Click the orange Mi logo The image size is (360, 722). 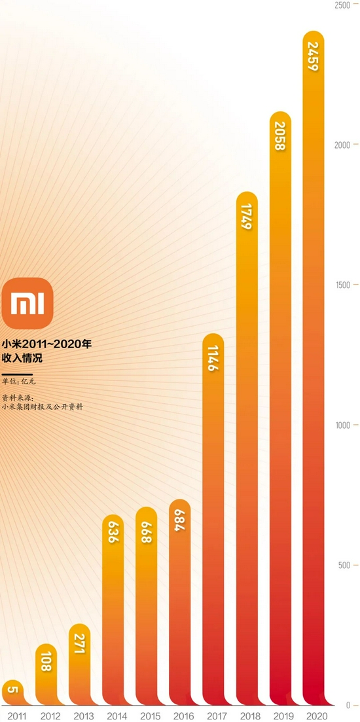27,304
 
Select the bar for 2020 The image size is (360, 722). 314,369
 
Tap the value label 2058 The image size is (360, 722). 280,135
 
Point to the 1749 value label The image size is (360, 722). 247,216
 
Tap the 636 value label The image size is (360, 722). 113,531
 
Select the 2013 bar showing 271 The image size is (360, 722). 80,664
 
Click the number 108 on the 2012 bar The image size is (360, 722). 46,661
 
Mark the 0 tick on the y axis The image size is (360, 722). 348,706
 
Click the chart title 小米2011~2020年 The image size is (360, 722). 46,344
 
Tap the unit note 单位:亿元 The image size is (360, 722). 19,381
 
